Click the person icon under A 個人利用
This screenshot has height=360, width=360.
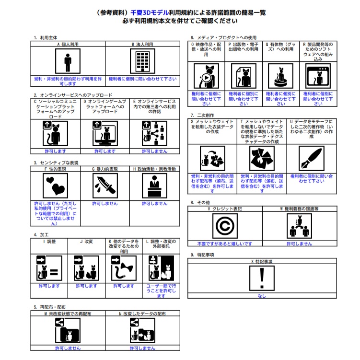coord(68,61)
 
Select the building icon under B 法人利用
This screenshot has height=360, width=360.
coord(143,61)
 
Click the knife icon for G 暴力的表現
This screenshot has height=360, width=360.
coord(105,186)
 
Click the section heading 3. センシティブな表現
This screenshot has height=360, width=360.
coord(57,163)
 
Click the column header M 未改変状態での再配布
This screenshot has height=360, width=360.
coord(68,313)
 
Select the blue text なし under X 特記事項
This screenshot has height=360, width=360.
coord(262,296)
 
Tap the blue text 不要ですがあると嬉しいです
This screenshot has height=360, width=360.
coord(224,244)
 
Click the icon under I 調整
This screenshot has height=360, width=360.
coord(49,268)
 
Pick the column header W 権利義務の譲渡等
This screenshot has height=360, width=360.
coord(299,209)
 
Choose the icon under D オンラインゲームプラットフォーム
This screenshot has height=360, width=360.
coord(105,133)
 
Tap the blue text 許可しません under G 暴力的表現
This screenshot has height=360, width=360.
coord(105,203)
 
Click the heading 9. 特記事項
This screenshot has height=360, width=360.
coord(202,255)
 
